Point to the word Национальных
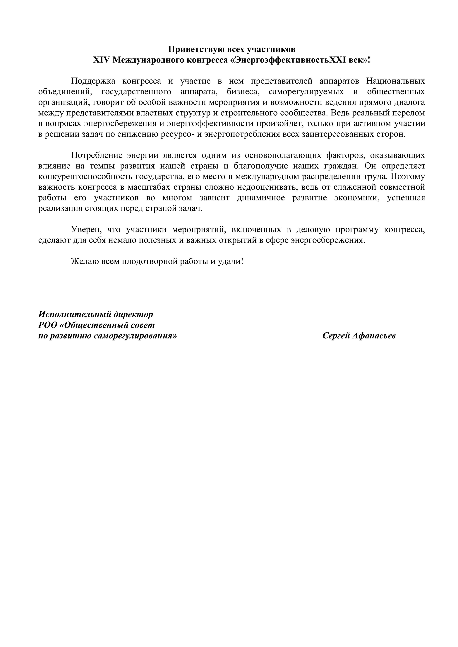pyautogui.click(x=396, y=81)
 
